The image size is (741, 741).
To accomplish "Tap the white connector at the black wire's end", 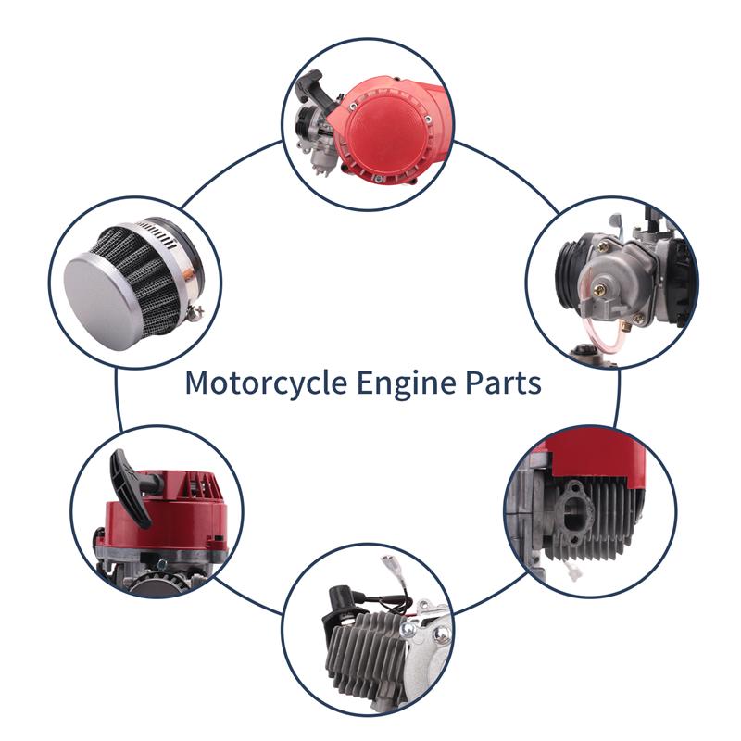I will (x=391, y=565).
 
